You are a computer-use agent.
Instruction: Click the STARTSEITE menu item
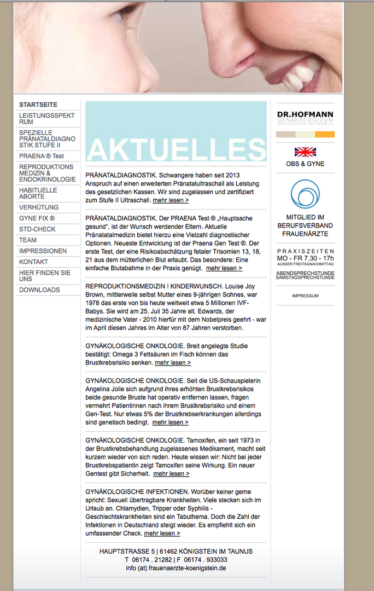pyautogui.click(x=38, y=105)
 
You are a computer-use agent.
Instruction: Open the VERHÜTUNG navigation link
pyautogui.click(x=39, y=207)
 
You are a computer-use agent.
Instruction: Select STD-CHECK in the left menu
pyautogui.click(x=37, y=229)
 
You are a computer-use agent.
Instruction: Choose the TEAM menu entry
pyautogui.click(x=28, y=240)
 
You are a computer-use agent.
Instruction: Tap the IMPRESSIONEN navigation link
pyautogui.click(x=43, y=251)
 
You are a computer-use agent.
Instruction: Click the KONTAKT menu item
pyautogui.click(x=33, y=262)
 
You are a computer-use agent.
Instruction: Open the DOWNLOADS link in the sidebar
pyautogui.click(x=39, y=289)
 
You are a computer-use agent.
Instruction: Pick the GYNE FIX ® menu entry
pyautogui.click(x=37, y=218)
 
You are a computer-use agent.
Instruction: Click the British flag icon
pyautogui.click(x=305, y=152)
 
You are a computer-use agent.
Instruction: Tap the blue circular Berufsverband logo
pyautogui.click(x=305, y=194)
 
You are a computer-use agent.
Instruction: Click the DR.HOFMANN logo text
pyautogui.click(x=305, y=114)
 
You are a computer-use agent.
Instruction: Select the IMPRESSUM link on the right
pyautogui.click(x=305, y=296)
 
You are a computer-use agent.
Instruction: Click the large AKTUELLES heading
pyautogui.click(x=176, y=149)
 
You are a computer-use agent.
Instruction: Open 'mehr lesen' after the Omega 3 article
pyautogui.click(x=173, y=362)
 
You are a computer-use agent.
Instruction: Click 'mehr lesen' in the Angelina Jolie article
pyautogui.click(x=170, y=422)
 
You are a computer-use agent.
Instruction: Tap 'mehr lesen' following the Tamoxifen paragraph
pyautogui.click(x=171, y=473)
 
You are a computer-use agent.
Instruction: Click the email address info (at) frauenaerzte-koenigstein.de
pyautogui.click(x=176, y=568)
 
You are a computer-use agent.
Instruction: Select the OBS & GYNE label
pyautogui.click(x=305, y=164)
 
